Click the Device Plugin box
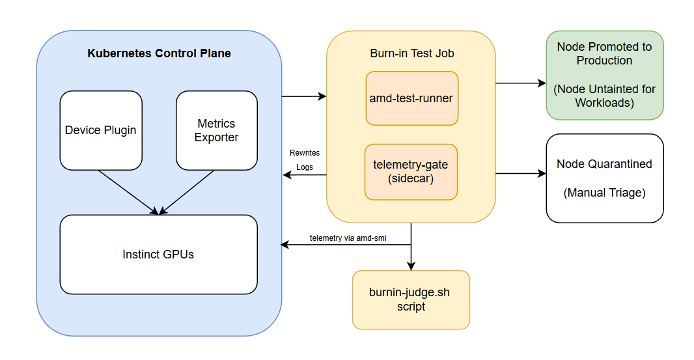(x=101, y=130)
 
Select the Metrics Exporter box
(x=216, y=130)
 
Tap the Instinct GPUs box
(x=158, y=255)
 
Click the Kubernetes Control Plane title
(x=159, y=53)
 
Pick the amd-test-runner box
(x=411, y=98)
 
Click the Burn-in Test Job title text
(x=411, y=53)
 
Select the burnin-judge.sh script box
(x=410, y=299)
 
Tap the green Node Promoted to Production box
(x=604, y=75)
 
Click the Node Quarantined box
(x=604, y=178)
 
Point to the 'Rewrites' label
(x=305, y=153)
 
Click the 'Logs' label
(x=305, y=167)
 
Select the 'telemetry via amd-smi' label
(x=348, y=238)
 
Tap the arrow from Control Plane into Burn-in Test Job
(x=304, y=96)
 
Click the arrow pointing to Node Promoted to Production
(x=521, y=83)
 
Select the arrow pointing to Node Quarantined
(x=521, y=174)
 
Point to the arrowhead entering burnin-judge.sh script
(x=411, y=266)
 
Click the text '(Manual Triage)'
(x=604, y=193)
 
